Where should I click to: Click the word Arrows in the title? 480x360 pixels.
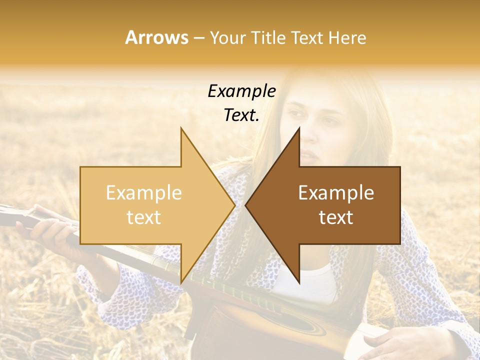coord(156,37)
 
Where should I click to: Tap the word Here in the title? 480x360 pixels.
coord(347,37)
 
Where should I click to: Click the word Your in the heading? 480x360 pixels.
coord(227,37)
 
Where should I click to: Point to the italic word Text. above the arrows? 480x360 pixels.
coord(241,115)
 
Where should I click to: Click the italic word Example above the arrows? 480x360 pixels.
coord(241,91)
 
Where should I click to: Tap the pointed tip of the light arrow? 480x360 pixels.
coord(233,205)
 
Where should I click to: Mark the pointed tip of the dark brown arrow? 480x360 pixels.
coord(247,205)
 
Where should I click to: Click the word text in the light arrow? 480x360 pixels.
coord(143,217)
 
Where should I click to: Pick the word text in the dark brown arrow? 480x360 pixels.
coord(336,217)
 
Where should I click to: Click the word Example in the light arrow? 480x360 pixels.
coord(143,193)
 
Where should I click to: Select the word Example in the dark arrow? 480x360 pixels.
coord(336,193)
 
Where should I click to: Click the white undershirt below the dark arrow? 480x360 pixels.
coord(310,285)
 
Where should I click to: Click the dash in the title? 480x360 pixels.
coord(198,38)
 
